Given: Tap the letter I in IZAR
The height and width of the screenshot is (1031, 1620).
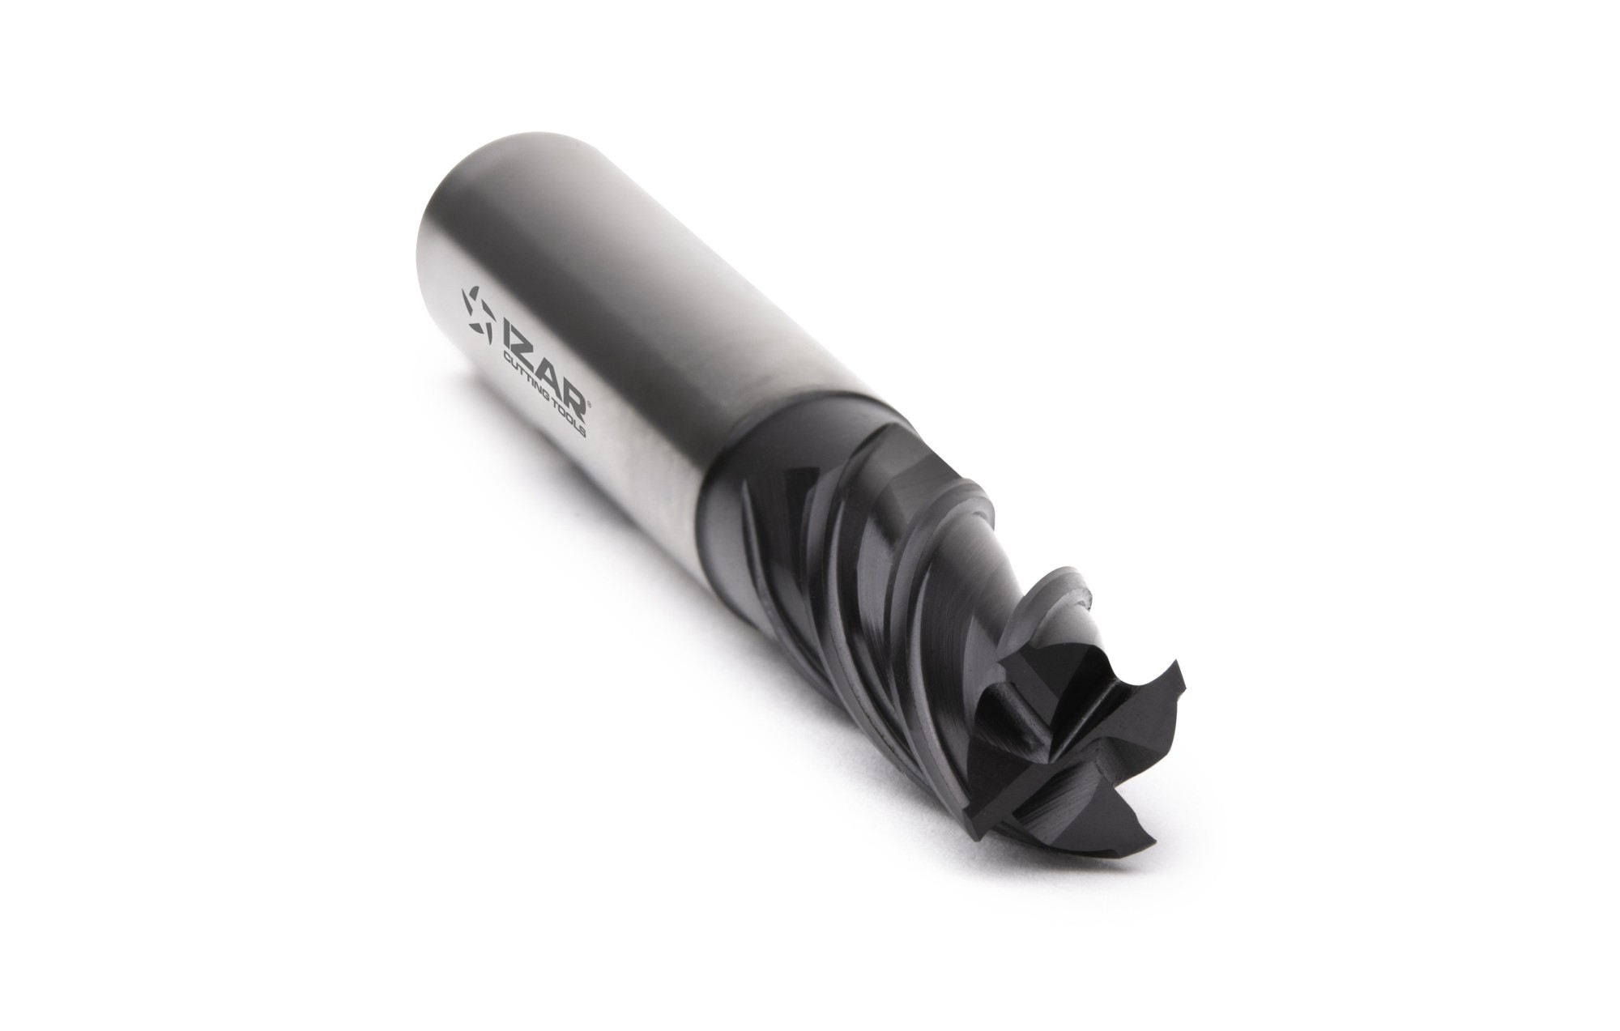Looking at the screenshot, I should [x=507, y=334].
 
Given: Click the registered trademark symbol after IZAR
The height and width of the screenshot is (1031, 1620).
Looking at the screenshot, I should [x=590, y=405].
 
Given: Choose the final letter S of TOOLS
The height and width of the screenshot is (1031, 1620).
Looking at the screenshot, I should [x=582, y=432].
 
